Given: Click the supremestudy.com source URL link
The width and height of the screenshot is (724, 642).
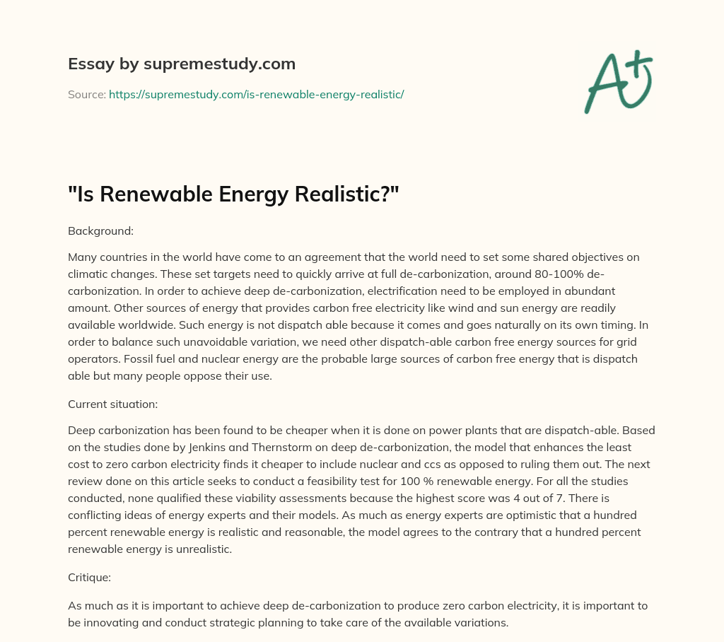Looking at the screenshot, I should pos(256,94).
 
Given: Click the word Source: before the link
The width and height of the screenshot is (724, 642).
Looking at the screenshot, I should pos(86,94).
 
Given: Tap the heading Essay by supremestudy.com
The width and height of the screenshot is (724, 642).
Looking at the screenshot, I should pos(181,64).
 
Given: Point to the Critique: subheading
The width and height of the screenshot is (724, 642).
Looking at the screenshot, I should pos(88,578).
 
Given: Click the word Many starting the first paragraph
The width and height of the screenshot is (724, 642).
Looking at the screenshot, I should pos(81,257).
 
